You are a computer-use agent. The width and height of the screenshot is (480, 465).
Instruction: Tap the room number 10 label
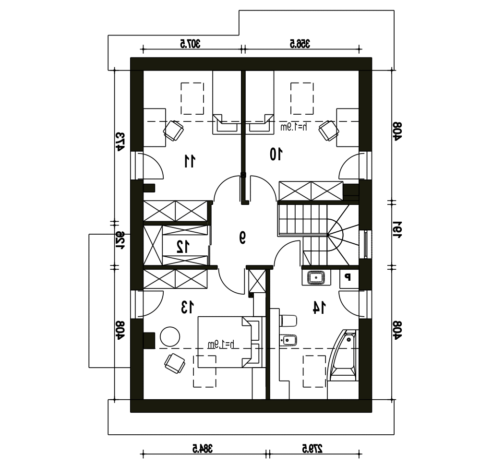[276, 154]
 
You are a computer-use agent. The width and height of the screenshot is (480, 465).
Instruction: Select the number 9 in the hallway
[242, 238]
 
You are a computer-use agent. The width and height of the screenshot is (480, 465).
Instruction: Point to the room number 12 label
[183, 247]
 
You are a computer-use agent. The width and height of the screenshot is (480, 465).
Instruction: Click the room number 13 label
[187, 307]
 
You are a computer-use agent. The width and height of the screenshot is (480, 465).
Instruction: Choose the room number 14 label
[319, 308]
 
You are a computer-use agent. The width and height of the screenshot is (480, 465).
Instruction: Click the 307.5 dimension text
[190, 44]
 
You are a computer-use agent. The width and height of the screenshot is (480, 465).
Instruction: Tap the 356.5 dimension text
[300, 44]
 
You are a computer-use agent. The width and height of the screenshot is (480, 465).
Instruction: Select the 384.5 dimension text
[203, 449]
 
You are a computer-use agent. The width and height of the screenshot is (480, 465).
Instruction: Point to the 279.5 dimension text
[312, 449]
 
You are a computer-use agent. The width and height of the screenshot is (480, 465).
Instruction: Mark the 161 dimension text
[397, 229]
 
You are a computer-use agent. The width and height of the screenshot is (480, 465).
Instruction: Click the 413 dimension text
[120, 142]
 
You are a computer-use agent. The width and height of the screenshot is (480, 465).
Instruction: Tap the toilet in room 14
[288, 321]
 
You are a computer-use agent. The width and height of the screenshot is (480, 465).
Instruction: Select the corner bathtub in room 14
[343, 355]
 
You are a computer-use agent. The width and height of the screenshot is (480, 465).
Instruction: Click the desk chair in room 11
[174, 131]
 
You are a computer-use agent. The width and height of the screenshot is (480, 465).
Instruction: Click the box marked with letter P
[349, 278]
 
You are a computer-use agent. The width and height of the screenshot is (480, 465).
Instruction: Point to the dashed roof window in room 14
[314, 371]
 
